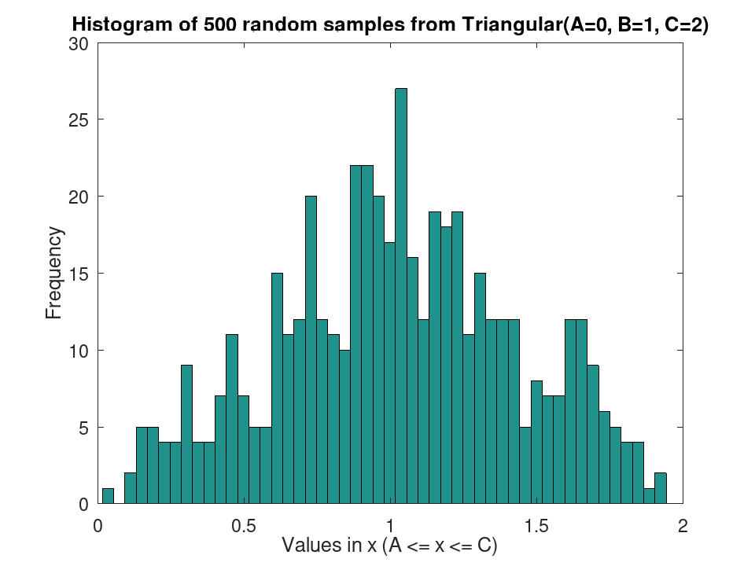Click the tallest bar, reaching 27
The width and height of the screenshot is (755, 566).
click(401, 296)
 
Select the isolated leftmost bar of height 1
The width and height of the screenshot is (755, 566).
click(108, 496)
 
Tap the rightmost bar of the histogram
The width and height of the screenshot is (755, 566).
click(661, 488)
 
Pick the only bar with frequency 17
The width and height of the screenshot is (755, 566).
click(390, 373)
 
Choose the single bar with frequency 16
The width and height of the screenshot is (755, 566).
click(413, 380)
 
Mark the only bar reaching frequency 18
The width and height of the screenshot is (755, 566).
click(447, 366)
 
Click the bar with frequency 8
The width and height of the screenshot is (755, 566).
click(537, 443)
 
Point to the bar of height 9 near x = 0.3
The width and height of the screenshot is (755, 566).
click(187, 435)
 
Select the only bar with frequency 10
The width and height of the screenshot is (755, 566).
click(344, 427)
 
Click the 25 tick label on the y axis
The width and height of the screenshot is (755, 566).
click(79, 119)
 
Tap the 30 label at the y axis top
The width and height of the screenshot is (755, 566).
click(79, 44)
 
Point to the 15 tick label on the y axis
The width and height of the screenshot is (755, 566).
click(79, 274)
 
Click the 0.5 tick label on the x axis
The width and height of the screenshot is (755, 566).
click(244, 526)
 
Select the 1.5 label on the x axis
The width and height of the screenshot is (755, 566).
click(537, 526)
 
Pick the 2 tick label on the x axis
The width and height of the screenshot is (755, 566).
click(683, 526)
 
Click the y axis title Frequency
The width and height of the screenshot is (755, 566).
click(54, 273)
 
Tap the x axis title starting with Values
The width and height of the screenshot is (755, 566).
click(389, 546)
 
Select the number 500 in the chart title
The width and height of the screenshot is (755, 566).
click(220, 24)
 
